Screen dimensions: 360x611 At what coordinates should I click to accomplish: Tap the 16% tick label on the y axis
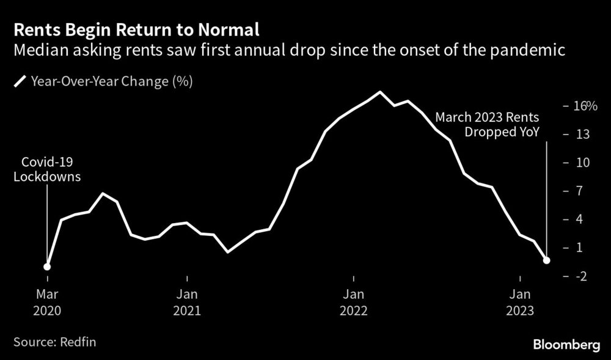tap(584, 106)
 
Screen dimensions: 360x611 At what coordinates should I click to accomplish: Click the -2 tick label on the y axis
tap(580, 276)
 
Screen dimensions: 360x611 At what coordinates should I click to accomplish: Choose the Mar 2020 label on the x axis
tap(48, 302)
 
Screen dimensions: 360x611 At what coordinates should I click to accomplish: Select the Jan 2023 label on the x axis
tap(521, 302)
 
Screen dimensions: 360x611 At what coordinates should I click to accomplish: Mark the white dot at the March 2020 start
tap(47, 266)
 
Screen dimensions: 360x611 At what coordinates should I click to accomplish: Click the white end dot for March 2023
tap(547, 260)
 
